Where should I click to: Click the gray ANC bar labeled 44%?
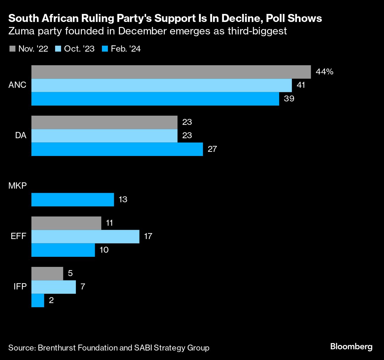click(x=171, y=72)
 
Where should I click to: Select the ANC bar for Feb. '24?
click(x=155, y=99)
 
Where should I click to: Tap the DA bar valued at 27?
click(x=117, y=149)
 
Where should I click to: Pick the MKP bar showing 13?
click(x=73, y=200)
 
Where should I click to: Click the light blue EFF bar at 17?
click(x=85, y=236)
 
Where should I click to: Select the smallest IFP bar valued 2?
click(x=38, y=300)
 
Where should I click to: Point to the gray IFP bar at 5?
click(x=47, y=273)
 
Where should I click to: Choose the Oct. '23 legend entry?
click(x=75, y=49)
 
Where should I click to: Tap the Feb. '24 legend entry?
click(x=121, y=49)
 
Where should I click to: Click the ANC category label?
click(x=17, y=85)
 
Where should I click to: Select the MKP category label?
click(x=17, y=186)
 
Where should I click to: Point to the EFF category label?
click(x=19, y=236)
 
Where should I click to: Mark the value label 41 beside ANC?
click(x=301, y=85)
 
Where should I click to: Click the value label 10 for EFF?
click(x=104, y=250)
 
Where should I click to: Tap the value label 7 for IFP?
click(x=83, y=287)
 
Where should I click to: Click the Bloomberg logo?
click(x=351, y=346)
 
